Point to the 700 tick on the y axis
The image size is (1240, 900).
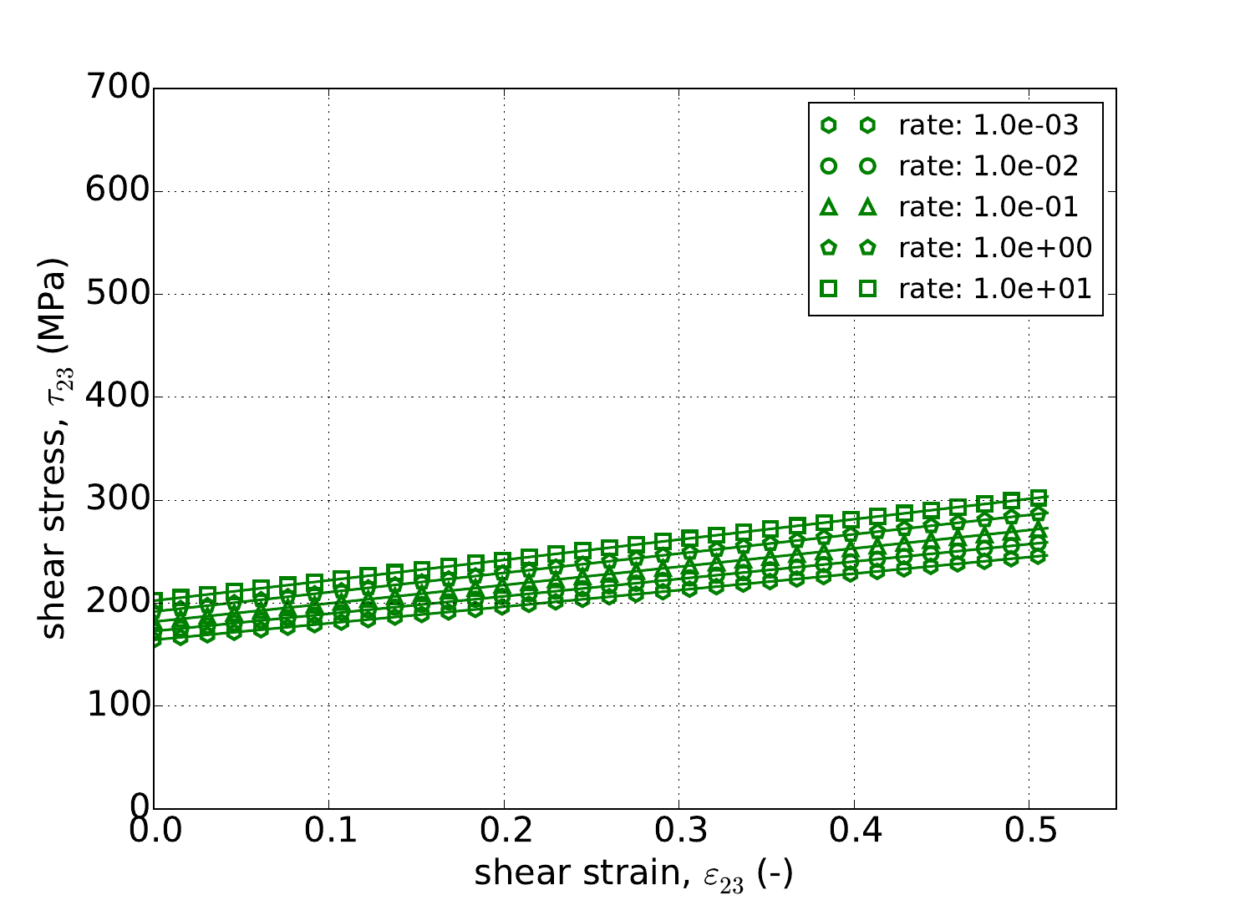[118, 88]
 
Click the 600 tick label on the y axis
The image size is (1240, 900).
[118, 191]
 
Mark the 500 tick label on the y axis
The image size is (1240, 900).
[118, 294]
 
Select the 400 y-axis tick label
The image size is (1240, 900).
[118, 397]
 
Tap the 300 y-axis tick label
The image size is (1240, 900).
[118, 500]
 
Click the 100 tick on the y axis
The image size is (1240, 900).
[118, 706]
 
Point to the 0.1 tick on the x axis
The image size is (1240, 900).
[328, 834]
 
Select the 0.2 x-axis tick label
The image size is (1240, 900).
[504, 834]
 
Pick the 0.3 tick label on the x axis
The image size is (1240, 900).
[678, 834]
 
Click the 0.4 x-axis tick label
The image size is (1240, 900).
[854, 834]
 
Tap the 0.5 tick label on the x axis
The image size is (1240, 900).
[1029, 834]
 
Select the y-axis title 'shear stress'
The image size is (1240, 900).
[54, 448]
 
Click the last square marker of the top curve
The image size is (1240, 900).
[1039, 498]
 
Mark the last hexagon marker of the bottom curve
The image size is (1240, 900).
[1039, 556]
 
